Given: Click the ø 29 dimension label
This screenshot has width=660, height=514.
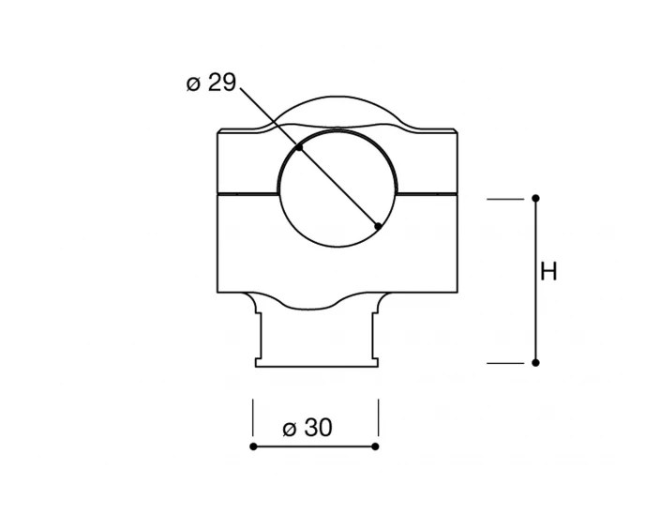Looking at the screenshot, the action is click(x=211, y=83).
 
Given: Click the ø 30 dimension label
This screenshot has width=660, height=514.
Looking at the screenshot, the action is click(x=307, y=428).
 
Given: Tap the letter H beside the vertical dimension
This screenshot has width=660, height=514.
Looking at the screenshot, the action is click(x=548, y=271).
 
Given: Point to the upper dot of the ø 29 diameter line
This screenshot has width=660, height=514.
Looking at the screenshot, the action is click(x=299, y=147).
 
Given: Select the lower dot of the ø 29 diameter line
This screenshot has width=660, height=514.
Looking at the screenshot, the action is click(x=378, y=226).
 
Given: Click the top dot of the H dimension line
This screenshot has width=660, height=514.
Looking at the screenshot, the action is click(x=535, y=198).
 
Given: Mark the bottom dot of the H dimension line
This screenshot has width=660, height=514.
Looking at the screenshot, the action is click(x=535, y=362).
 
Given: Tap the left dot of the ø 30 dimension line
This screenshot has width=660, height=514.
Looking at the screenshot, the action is click(x=253, y=446).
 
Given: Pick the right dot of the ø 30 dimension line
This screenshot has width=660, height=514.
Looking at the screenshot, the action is click(x=375, y=446).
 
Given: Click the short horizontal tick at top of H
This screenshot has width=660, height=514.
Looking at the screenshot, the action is click(x=505, y=199).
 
